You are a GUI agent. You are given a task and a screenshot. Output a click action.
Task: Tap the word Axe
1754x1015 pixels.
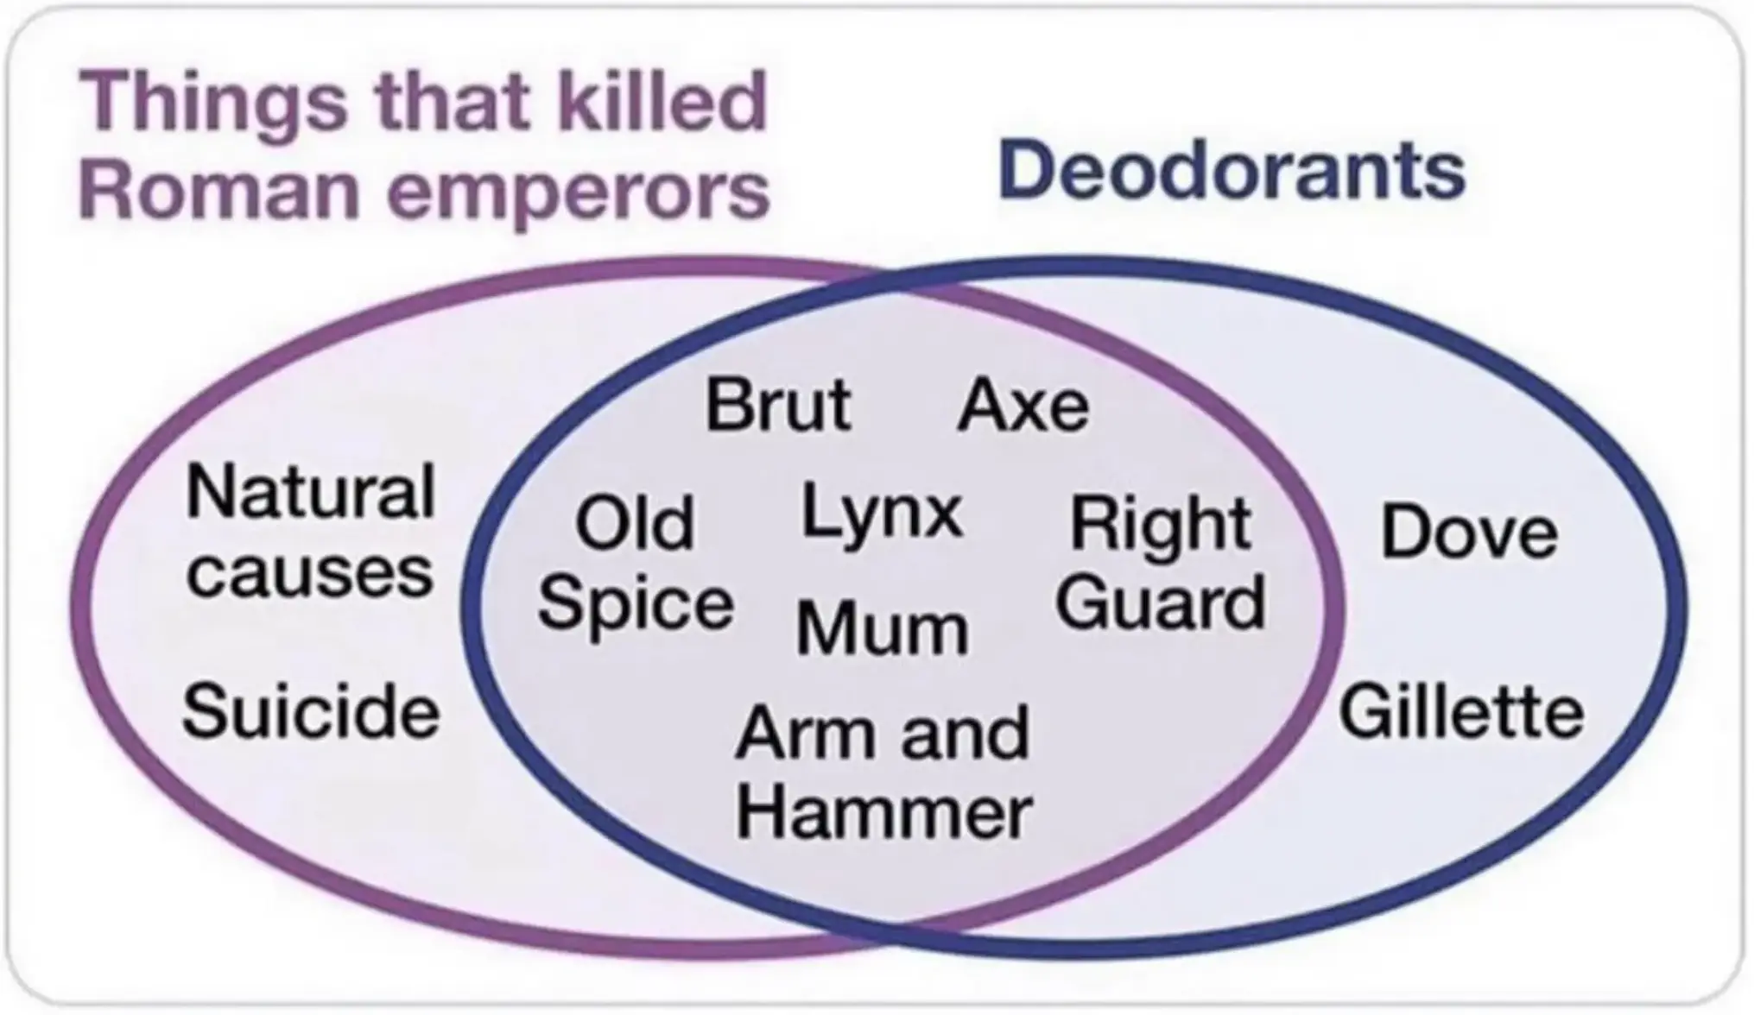click(x=1023, y=405)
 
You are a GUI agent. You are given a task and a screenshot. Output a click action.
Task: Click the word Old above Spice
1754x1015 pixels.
click(x=635, y=522)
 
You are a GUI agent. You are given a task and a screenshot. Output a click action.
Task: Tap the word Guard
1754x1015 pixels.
click(x=1161, y=602)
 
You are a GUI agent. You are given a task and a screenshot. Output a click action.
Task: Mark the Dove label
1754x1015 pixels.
click(x=1470, y=531)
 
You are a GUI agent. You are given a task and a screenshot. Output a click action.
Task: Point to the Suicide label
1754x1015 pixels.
click(x=311, y=711)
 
